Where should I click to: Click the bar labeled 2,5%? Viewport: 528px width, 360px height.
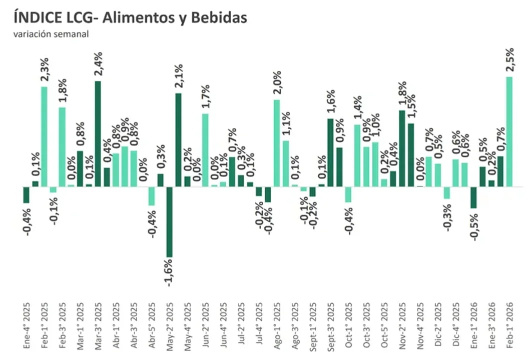(x=509, y=131)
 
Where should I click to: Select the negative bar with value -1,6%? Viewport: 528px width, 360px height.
(x=169, y=222)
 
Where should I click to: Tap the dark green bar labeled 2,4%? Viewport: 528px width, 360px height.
(x=98, y=133)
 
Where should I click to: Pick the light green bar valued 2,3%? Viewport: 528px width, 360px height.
(x=44, y=136)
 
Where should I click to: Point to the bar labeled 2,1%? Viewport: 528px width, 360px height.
(x=178, y=139)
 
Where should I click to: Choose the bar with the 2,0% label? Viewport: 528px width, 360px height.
(x=276, y=143)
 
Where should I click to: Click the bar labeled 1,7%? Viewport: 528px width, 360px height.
(x=205, y=150)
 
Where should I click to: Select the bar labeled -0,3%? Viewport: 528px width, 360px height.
(x=446, y=192)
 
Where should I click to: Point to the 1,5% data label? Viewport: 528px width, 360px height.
(x=411, y=108)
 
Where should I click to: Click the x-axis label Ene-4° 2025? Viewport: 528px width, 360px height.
(x=27, y=325)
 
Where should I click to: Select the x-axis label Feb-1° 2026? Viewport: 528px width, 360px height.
(x=509, y=325)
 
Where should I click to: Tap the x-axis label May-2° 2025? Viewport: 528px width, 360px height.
(x=169, y=324)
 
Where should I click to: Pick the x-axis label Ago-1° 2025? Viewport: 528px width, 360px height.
(x=276, y=325)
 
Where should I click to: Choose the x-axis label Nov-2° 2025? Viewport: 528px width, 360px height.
(x=402, y=325)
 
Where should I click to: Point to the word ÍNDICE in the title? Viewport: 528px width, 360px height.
(x=36, y=18)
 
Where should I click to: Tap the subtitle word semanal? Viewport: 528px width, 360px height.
(x=73, y=34)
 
